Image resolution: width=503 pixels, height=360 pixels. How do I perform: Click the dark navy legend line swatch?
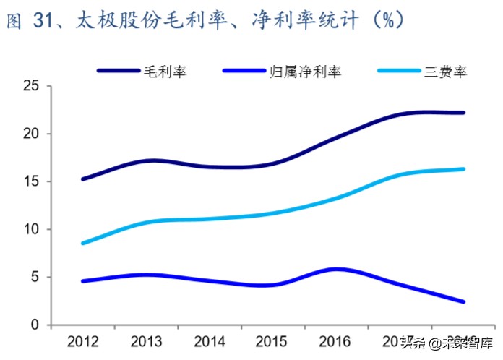click(119, 71)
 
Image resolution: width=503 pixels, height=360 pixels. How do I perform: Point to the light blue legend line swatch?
click(399, 71)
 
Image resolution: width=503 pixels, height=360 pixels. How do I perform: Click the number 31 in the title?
click(43, 22)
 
